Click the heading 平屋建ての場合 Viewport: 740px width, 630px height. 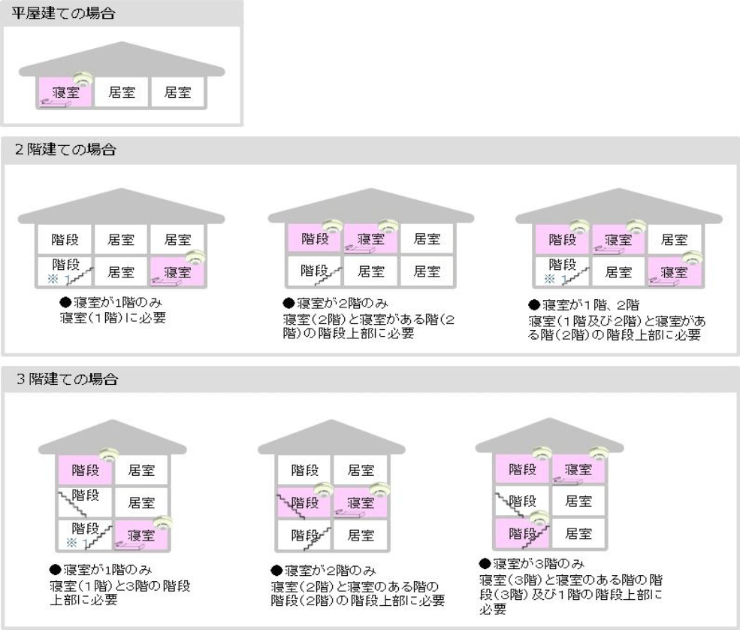pyautogui.click(x=63, y=13)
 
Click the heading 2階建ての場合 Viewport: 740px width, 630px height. pyautogui.click(x=65, y=150)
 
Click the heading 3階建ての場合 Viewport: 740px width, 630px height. pyautogui.click(x=67, y=379)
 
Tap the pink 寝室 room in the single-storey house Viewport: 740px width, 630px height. pyautogui.click(x=65, y=92)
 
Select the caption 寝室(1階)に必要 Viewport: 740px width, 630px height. pyautogui.click(x=113, y=317)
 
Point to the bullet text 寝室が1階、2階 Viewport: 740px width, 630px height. pyautogui.click(x=584, y=304)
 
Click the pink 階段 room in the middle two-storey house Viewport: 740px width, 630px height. pyautogui.click(x=315, y=239)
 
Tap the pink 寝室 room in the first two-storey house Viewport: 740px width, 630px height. pyautogui.click(x=177, y=272)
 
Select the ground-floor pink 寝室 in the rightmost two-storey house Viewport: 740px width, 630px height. pyautogui.click(x=674, y=272)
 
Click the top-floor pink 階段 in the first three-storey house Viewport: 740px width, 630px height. pyautogui.click(x=85, y=470)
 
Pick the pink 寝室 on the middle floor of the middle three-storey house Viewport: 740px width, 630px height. pyautogui.click(x=361, y=502)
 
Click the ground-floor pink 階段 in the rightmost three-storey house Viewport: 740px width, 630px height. pyautogui.click(x=522, y=534)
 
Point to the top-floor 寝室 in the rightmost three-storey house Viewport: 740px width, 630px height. pyautogui.click(x=578, y=469)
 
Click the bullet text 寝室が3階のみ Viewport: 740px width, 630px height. pyautogui.click(x=532, y=563)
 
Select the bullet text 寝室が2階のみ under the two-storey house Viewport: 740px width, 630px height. pyautogui.click(x=336, y=303)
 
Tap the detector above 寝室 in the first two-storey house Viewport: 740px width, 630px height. pyautogui.click(x=195, y=257)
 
